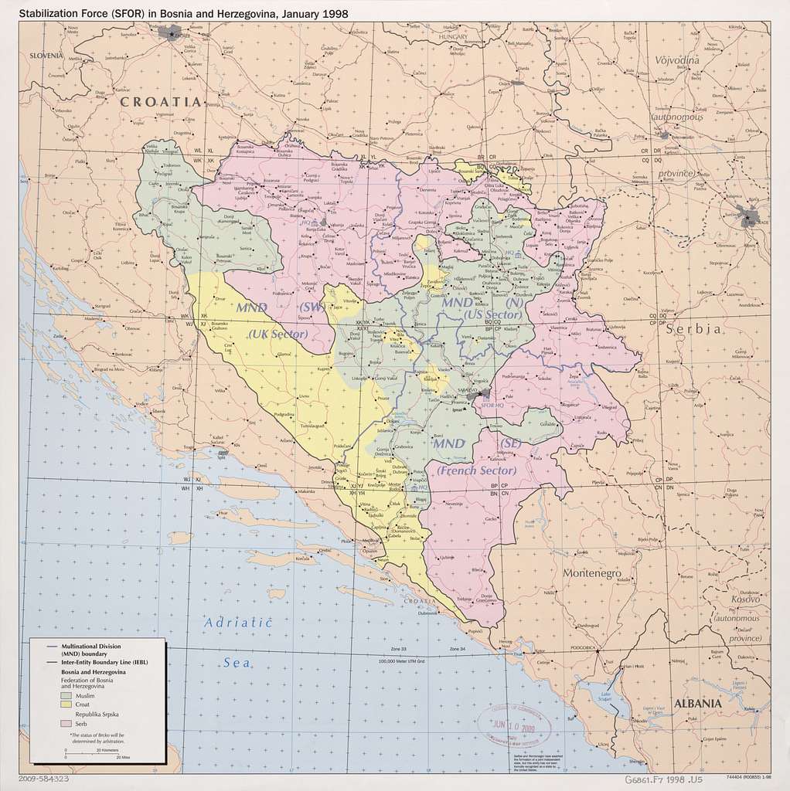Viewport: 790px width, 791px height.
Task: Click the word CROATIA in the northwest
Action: pos(159,101)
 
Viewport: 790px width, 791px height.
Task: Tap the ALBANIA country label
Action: pos(698,704)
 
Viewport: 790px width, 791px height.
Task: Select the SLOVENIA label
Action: pos(46,56)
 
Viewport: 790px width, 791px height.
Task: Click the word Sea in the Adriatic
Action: pos(239,662)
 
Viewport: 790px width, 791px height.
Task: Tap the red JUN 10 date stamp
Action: pos(514,725)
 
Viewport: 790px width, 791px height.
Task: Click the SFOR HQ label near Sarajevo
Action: pos(492,405)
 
